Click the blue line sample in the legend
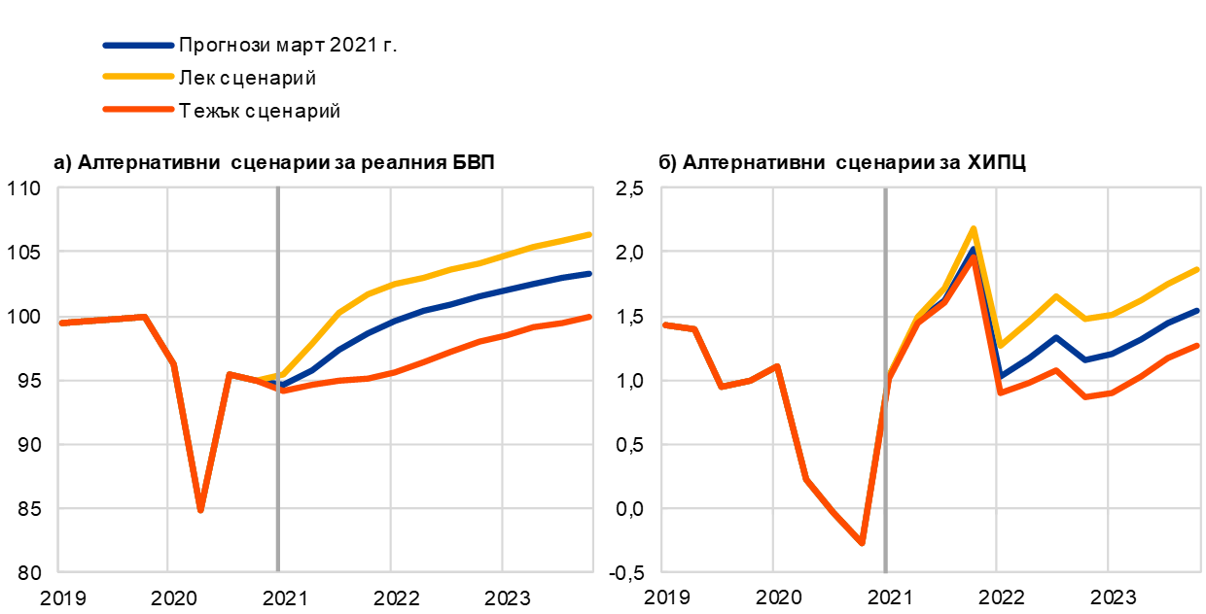[138, 45]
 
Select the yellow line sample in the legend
[138, 76]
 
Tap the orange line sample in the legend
[138, 109]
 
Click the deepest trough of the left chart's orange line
[200, 509]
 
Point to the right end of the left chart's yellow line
[590, 234]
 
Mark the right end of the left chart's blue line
[590, 273]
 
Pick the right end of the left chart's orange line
[590, 317]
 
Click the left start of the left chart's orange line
[60, 323]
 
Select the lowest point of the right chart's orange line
[862, 543]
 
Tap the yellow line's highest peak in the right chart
[973, 229]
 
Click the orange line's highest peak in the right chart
[972, 257]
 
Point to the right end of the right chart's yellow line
[1198, 269]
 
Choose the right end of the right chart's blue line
[1198, 310]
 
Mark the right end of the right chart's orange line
[1198, 345]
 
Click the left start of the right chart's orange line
[664, 324]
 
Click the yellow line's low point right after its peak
[1001, 345]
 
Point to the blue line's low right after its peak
[1001, 376]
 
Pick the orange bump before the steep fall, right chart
[776, 366]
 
